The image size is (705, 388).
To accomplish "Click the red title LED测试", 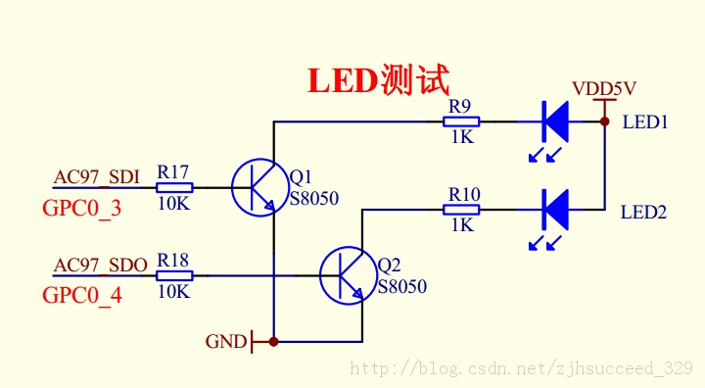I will coord(379,80).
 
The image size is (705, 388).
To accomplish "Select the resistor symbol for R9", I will coord(461,121).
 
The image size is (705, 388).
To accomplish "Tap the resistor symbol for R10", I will coord(462,209).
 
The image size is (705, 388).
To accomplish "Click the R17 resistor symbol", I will coord(174,187).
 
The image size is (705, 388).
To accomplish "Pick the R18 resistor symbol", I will coord(174,275).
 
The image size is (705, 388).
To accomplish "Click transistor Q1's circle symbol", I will coord(260,187).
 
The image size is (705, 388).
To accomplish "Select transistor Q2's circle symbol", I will coord(348,275).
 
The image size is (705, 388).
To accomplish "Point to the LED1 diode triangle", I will coord(556,121).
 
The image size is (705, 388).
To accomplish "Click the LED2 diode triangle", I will coord(556,209).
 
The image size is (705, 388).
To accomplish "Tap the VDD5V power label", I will coord(605,88).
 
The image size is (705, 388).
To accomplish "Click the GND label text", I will coord(225,342).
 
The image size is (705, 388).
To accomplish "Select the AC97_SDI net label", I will coord(97,176).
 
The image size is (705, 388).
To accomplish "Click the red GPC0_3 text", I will coord(81,208).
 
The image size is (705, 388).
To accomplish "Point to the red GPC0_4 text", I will coord(81,295).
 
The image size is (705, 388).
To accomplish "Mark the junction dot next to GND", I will coord(274,342).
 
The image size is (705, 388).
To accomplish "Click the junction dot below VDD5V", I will coord(605,121).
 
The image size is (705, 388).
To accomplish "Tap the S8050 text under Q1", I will coord(314,199).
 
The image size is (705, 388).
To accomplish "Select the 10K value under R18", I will coord(173,292).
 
